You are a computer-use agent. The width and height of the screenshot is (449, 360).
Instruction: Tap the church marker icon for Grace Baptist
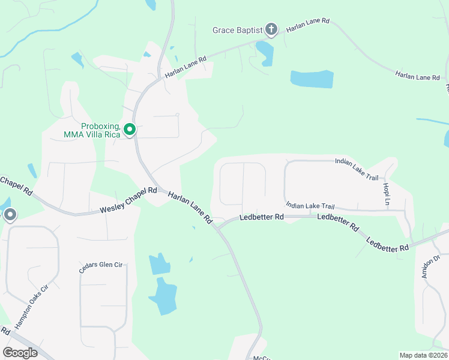pyautogui.click(x=271, y=29)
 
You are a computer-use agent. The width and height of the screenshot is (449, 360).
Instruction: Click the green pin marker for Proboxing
pyautogui.click(x=130, y=129)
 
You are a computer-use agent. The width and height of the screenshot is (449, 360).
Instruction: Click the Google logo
pyautogui.click(x=20, y=353)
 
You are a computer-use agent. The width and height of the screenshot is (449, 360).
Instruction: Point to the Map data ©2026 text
pyautogui.click(x=423, y=355)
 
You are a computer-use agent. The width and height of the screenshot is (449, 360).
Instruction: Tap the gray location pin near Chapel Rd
pyautogui.click(x=10, y=215)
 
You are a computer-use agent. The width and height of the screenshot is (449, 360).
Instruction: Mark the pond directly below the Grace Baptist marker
pyautogui.click(x=266, y=54)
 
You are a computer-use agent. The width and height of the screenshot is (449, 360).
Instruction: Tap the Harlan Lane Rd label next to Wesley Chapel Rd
pyautogui.click(x=190, y=208)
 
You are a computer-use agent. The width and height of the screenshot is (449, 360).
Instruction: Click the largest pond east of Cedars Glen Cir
pyautogui.click(x=163, y=296)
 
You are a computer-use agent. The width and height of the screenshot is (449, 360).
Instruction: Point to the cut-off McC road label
pyautogui.click(x=262, y=357)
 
